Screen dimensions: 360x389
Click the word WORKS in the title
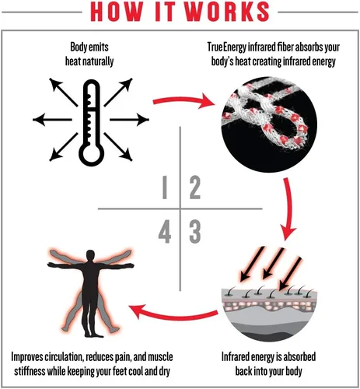click(x=227, y=12)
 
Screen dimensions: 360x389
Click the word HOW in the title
click(x=117, y=12)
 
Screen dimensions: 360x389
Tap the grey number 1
click(x=165, y=187)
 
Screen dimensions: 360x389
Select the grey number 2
click(x=195, y=187)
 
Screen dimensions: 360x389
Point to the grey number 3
click(x=195, y=232)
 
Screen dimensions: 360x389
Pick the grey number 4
click(x=165, y=232)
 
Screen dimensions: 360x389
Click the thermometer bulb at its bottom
click(x=91, y=154)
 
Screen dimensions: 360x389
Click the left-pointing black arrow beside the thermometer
click(x=52, y=120)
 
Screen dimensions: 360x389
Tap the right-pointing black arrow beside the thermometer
click(x=129, y=120)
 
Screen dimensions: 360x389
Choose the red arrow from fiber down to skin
click(x=290, y=208)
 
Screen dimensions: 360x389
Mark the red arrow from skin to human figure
click(x=173, y=314)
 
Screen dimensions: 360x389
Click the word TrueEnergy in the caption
click(x=227, y=47)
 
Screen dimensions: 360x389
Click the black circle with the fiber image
click(x=269, y=124)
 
